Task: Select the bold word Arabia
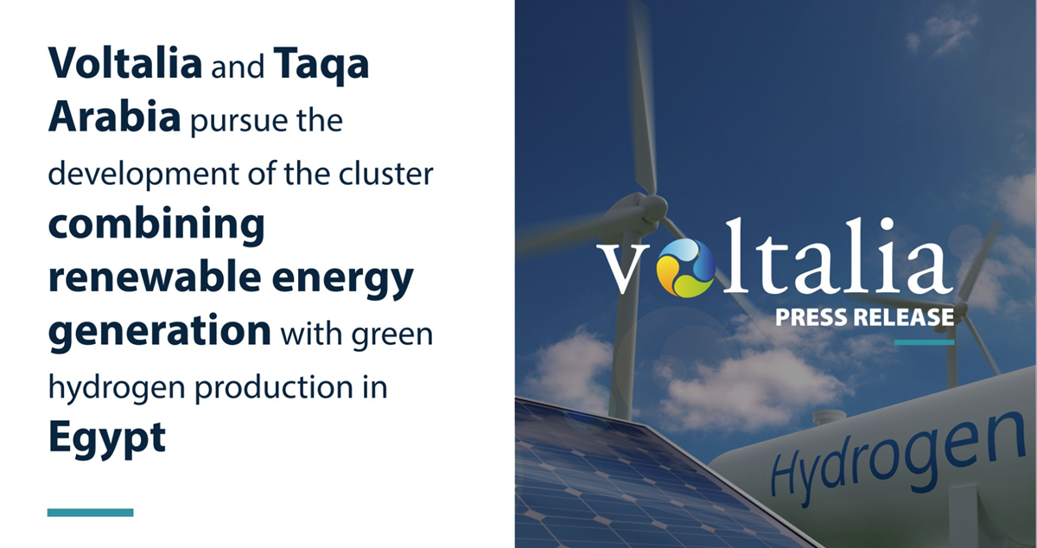tap(114, 118)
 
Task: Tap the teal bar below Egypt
tap(90, 513)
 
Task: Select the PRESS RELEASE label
tap(864, 317)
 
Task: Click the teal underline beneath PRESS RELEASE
tap(924, 342)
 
